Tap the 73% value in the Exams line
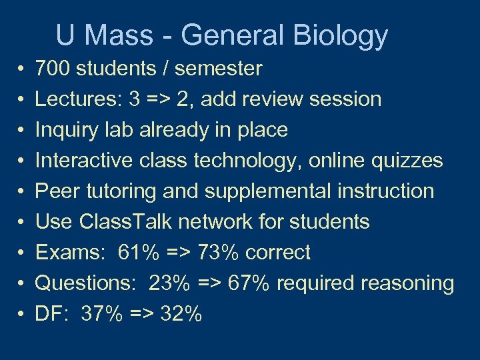click(x=219, y=253)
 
